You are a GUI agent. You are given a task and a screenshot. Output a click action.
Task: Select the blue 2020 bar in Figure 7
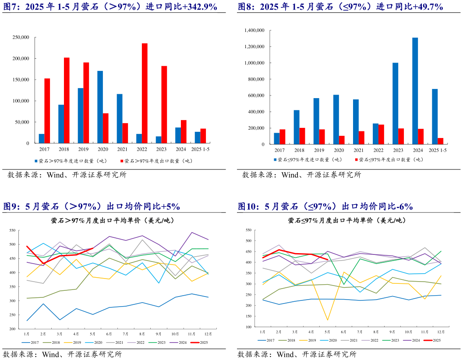100,107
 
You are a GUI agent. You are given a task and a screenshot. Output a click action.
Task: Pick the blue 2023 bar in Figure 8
395,103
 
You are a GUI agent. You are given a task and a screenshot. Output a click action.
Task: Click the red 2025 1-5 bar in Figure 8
440,141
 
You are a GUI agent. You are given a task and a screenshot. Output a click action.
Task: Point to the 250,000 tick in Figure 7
20,37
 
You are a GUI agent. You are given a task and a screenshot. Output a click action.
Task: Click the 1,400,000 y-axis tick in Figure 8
254,30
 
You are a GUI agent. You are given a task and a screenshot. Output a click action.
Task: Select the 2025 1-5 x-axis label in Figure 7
200,149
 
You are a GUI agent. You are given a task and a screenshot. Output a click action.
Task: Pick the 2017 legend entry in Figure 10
267,340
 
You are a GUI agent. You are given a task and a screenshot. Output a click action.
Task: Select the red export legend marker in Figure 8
356,160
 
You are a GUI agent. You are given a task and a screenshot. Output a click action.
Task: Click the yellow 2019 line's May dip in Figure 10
327,320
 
